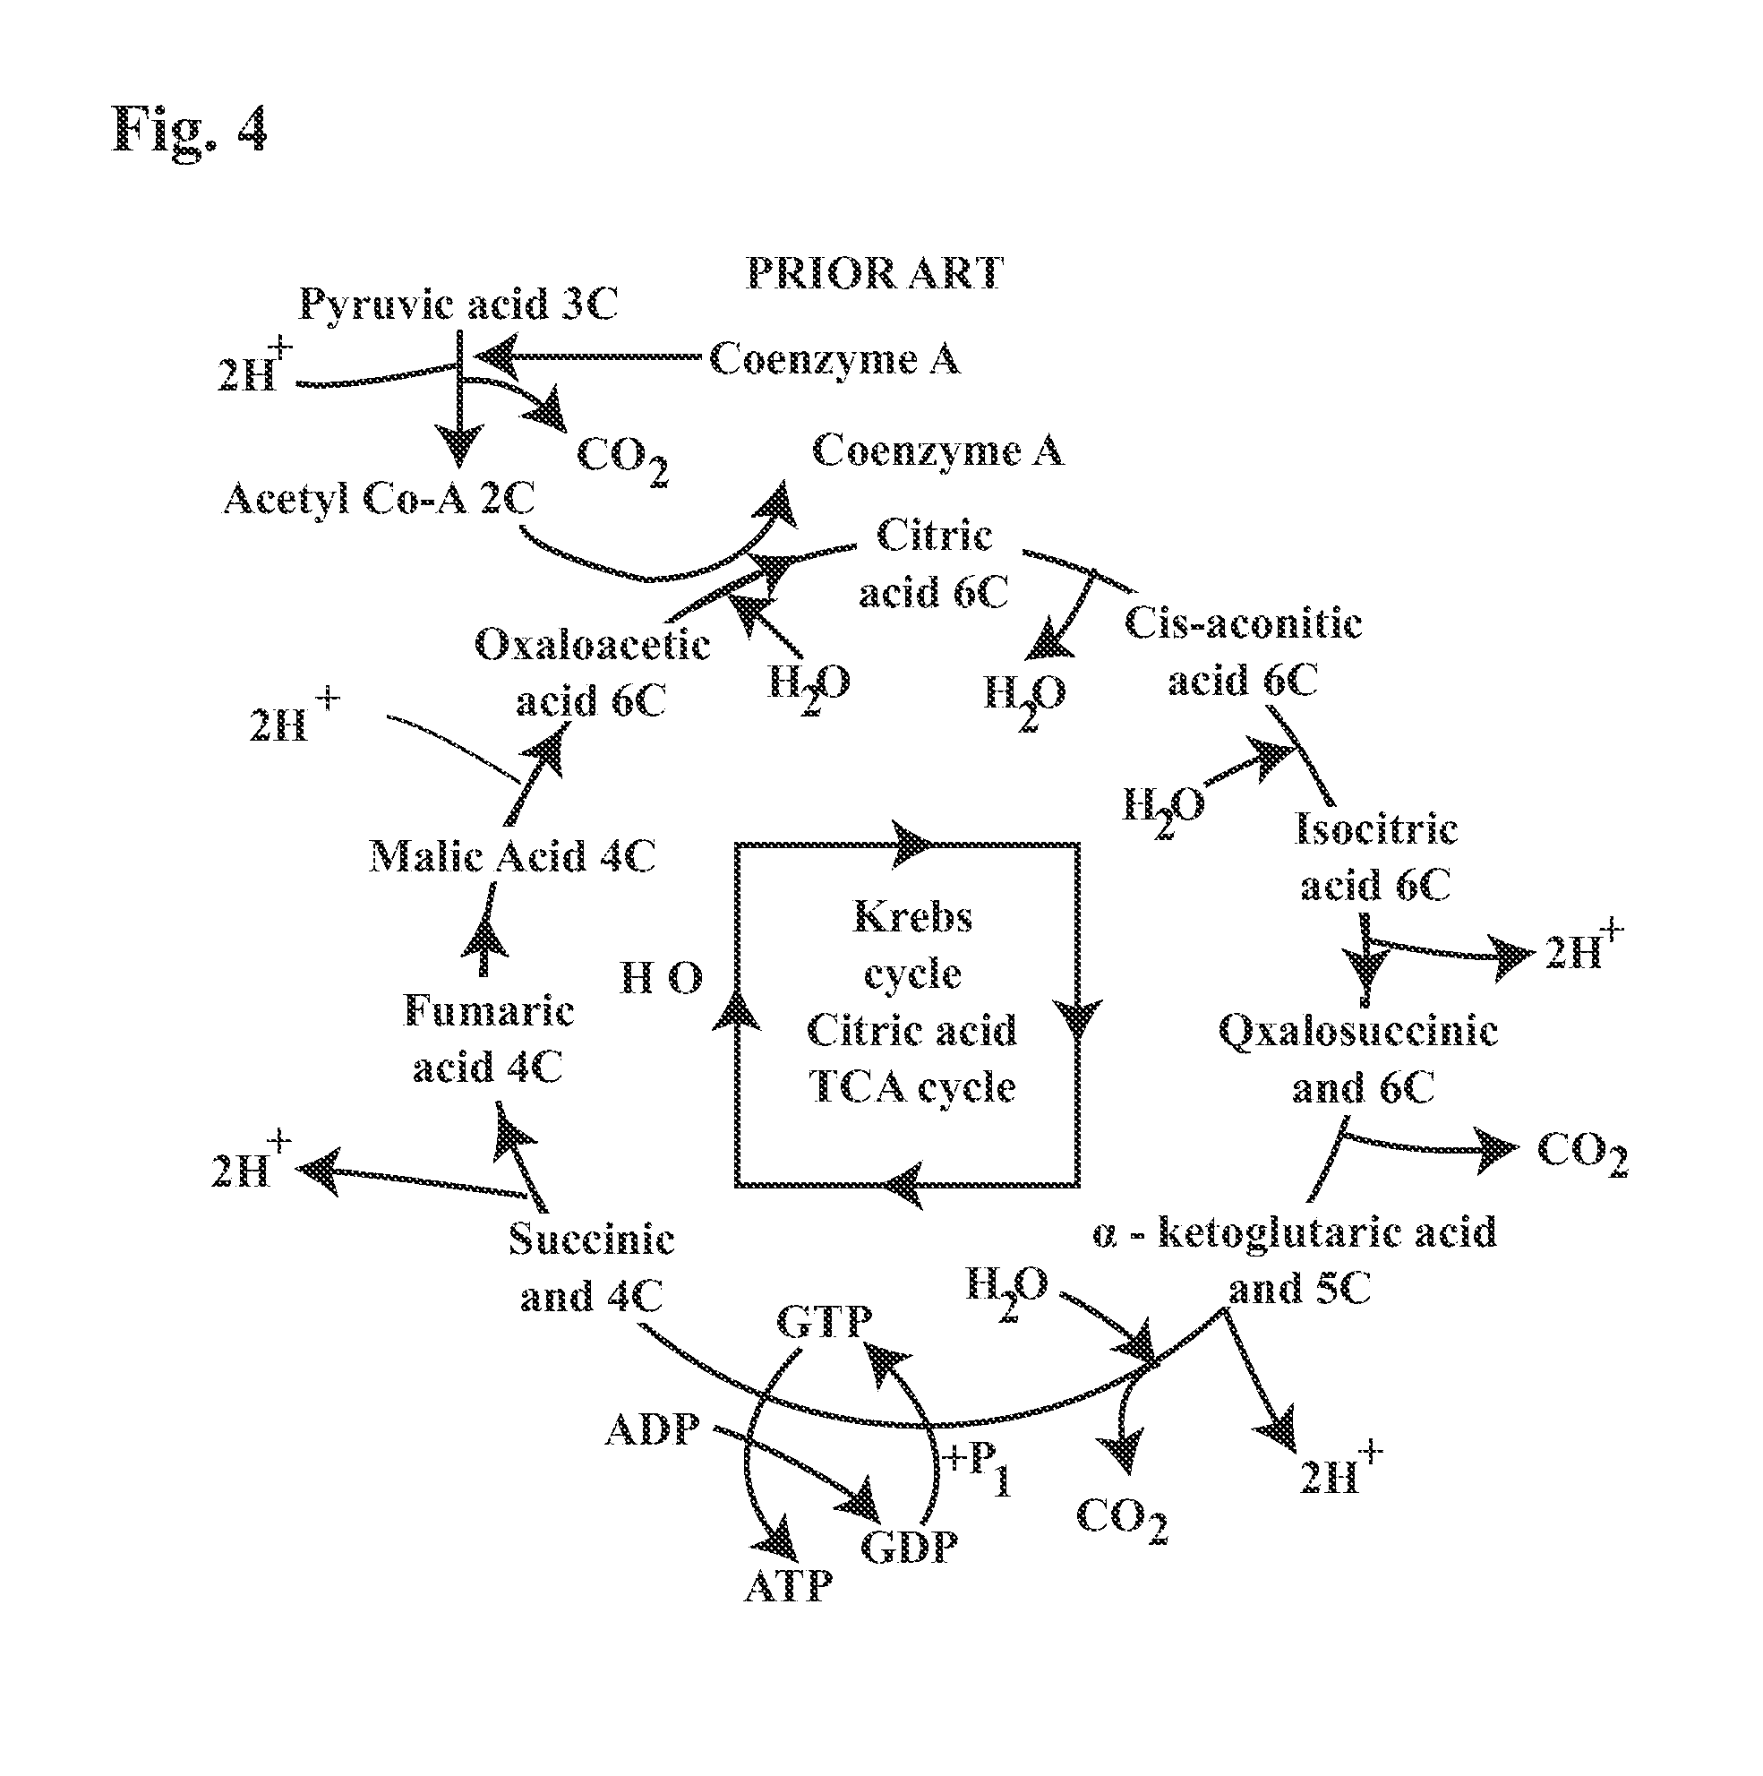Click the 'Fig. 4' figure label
[x=189, y=130]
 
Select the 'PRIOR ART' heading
[x=873, y=273]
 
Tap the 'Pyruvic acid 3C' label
[x=458, y=305]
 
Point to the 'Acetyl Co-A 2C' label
[x=379, y=499]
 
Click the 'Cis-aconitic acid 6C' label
[x=1243, y=652]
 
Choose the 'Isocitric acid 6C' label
[x=1375, y=856]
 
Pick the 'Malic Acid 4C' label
[x=512, y=857]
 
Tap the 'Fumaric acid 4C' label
[x=488, y=1039]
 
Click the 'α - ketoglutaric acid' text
[x=1294, y=1231]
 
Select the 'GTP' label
[x=824, y=1322]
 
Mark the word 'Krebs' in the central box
[x=911, y=916]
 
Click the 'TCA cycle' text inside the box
[x=911, y=1087]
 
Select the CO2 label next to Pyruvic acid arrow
[x=621, y=455]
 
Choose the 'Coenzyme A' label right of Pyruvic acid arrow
[x=834, y=358]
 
